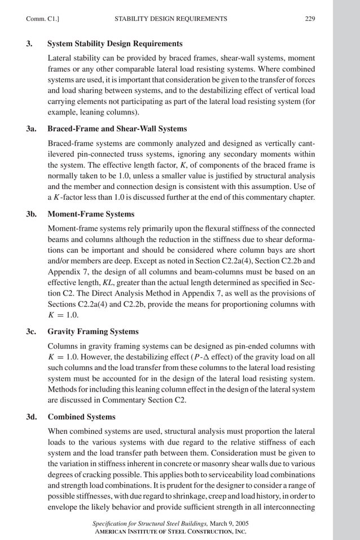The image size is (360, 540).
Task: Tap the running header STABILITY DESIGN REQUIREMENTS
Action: point(170,19)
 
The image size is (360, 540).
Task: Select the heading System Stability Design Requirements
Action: point(115,43)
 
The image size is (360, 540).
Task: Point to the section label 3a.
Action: point(32,129)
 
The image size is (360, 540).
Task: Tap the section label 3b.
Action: point(32,214)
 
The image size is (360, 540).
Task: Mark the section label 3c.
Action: point(32,331)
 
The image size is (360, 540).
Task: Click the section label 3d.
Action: point(32,417)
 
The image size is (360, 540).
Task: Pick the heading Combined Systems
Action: point(74,417)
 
